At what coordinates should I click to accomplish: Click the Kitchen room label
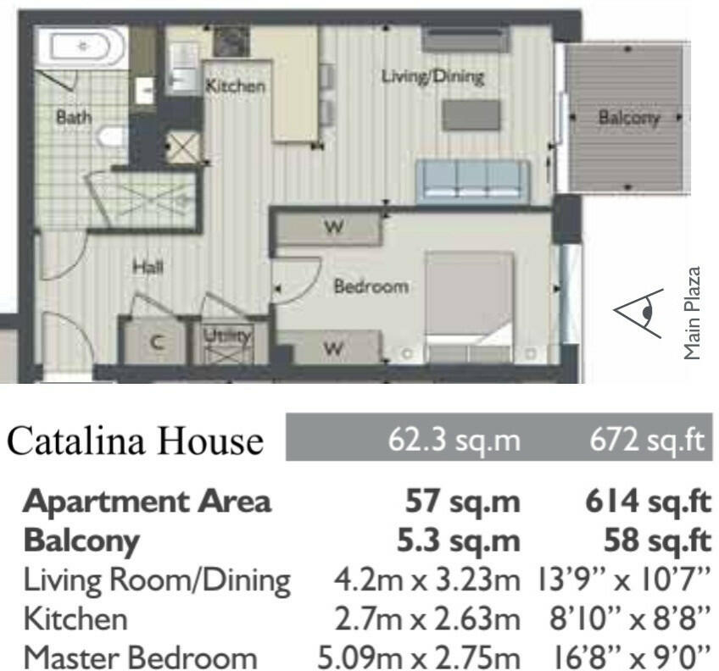236,86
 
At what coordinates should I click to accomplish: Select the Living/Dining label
432,77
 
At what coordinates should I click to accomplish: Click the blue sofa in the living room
472,180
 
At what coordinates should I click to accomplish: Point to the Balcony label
628,118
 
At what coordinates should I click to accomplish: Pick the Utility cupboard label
228,335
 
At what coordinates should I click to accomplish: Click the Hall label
148,268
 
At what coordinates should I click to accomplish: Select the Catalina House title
136,441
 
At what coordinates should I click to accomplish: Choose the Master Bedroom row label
139,657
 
